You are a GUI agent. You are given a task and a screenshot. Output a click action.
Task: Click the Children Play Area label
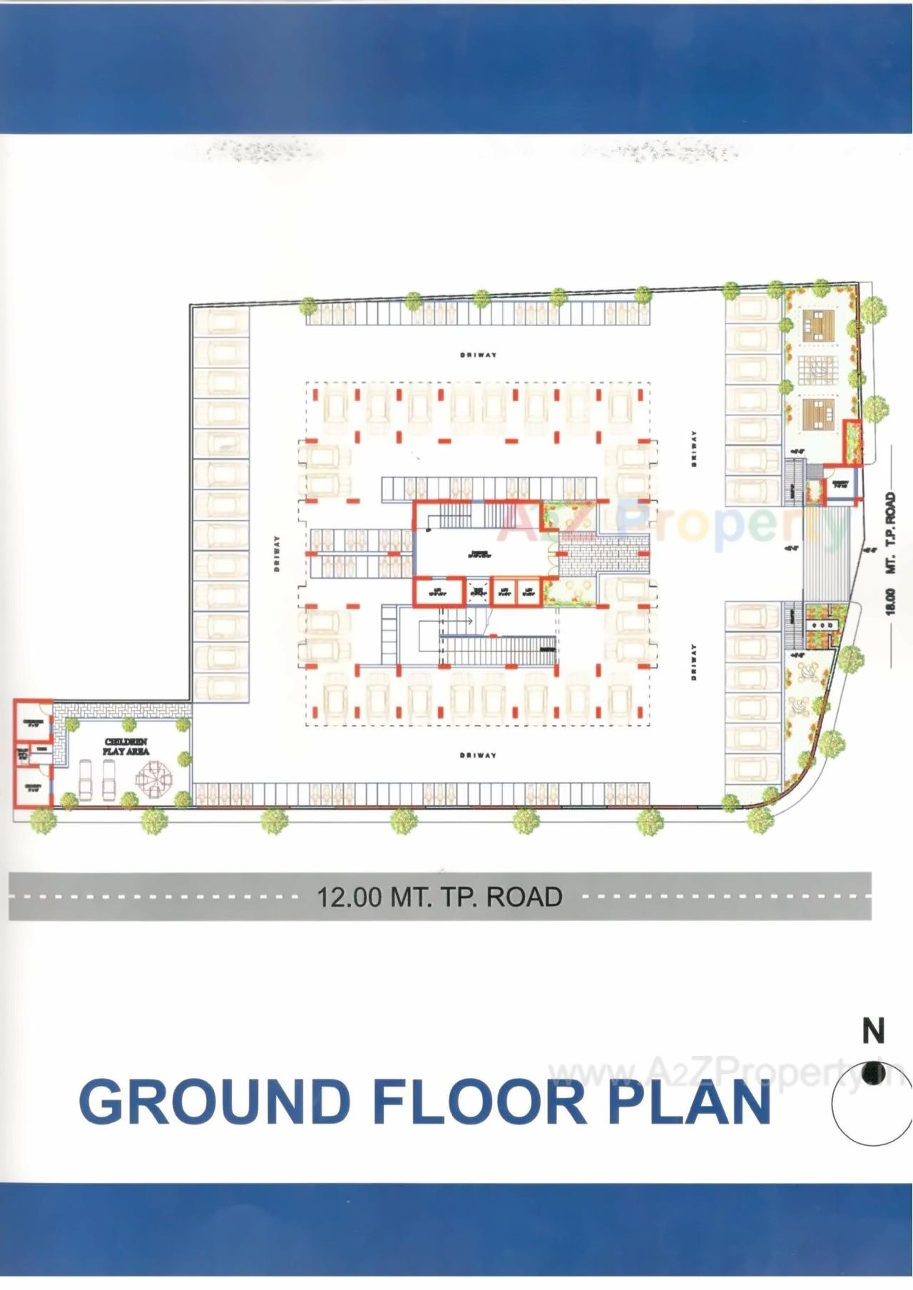point(126,747)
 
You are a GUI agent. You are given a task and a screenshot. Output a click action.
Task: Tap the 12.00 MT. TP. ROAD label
point(439,896)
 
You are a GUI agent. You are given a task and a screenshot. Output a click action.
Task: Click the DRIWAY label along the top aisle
point(477,355)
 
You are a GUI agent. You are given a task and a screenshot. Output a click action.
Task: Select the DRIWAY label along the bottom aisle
point(477,755)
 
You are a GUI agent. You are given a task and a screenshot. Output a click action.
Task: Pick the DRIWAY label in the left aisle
point(276,554)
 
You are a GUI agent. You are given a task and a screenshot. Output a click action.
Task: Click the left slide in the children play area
point(85,780)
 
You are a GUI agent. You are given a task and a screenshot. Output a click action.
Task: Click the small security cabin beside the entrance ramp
point(839,486)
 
